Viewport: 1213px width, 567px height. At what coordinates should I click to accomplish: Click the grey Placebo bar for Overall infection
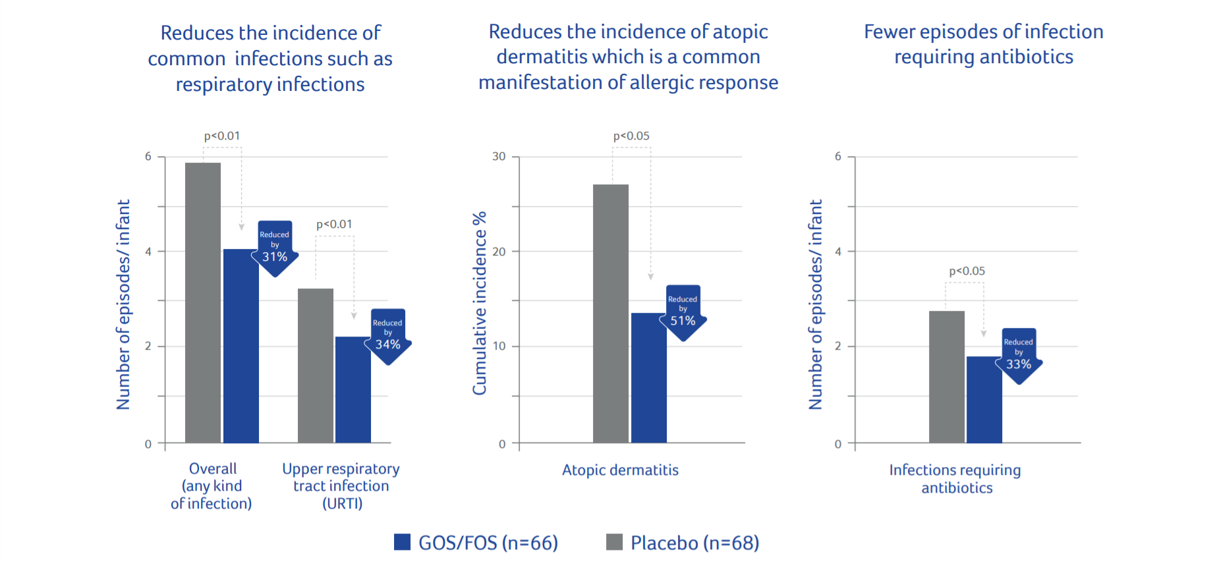[x=203, y=303]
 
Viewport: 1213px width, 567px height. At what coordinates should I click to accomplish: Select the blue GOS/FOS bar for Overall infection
[x=240, y=346]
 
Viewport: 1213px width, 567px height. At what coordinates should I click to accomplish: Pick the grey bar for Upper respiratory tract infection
[x=316, y=365]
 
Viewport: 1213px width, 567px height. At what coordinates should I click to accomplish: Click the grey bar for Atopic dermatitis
[x=611, y=313]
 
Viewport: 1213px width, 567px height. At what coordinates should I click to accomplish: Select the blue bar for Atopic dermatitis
[x=649, y=378]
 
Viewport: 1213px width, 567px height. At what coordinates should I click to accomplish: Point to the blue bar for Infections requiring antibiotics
[x=984, y=400]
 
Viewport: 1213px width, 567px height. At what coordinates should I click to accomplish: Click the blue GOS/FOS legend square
[x=402, y=542]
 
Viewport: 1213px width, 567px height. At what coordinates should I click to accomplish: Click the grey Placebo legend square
[x=614, y=542]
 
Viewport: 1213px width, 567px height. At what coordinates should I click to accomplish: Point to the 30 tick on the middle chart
[x=499, y=157]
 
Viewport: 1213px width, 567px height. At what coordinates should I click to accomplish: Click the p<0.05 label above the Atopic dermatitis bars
[x=631, y=136]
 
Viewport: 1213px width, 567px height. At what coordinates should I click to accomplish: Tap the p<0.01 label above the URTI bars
[x=334, y=225]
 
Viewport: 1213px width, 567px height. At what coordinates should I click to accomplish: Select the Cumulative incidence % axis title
[x=480, y=303]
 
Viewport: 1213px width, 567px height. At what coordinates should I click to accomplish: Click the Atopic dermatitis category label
[x=620, y=470]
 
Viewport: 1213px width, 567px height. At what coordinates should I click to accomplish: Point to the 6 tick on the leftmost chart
[x=148, y=157]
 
